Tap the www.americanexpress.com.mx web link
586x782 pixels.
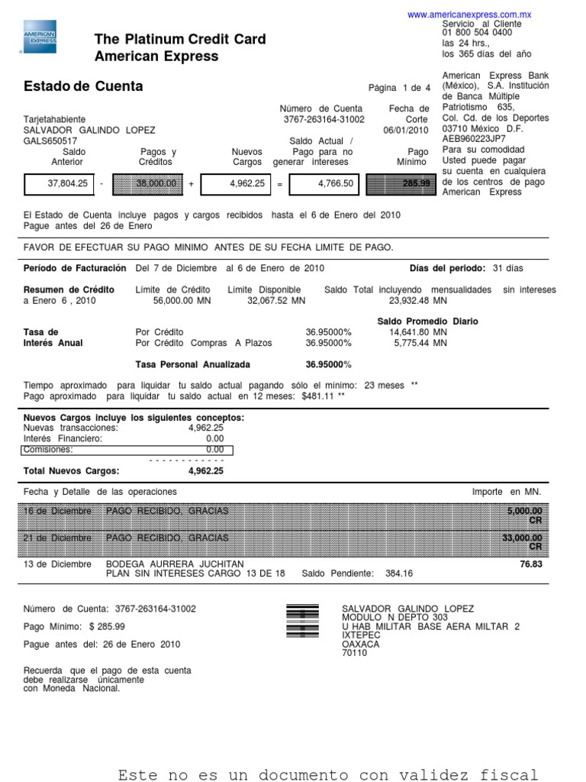pyautogui.click(x=468, y=15)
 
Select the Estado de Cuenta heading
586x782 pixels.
pyautogui.click(x=83, y=86)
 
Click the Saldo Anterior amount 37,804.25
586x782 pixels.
pyautogui.click(x=68, y=184)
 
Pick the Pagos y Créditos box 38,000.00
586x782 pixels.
pyautogui.click(x=156, y=184)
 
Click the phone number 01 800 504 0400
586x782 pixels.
pyautogui.click(x=477, y=34)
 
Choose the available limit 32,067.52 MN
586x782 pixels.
pyautogui.click(x=276, y=301)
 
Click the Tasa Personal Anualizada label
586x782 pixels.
pyautogui.click(x=192, y=365)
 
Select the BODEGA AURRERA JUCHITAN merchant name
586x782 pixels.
pyautogui.click(x=175, y=564)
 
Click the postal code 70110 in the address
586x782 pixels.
pyautogui.click(x=354, y=654)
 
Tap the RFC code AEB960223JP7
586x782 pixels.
pyautogui.click(x=474, y=139)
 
